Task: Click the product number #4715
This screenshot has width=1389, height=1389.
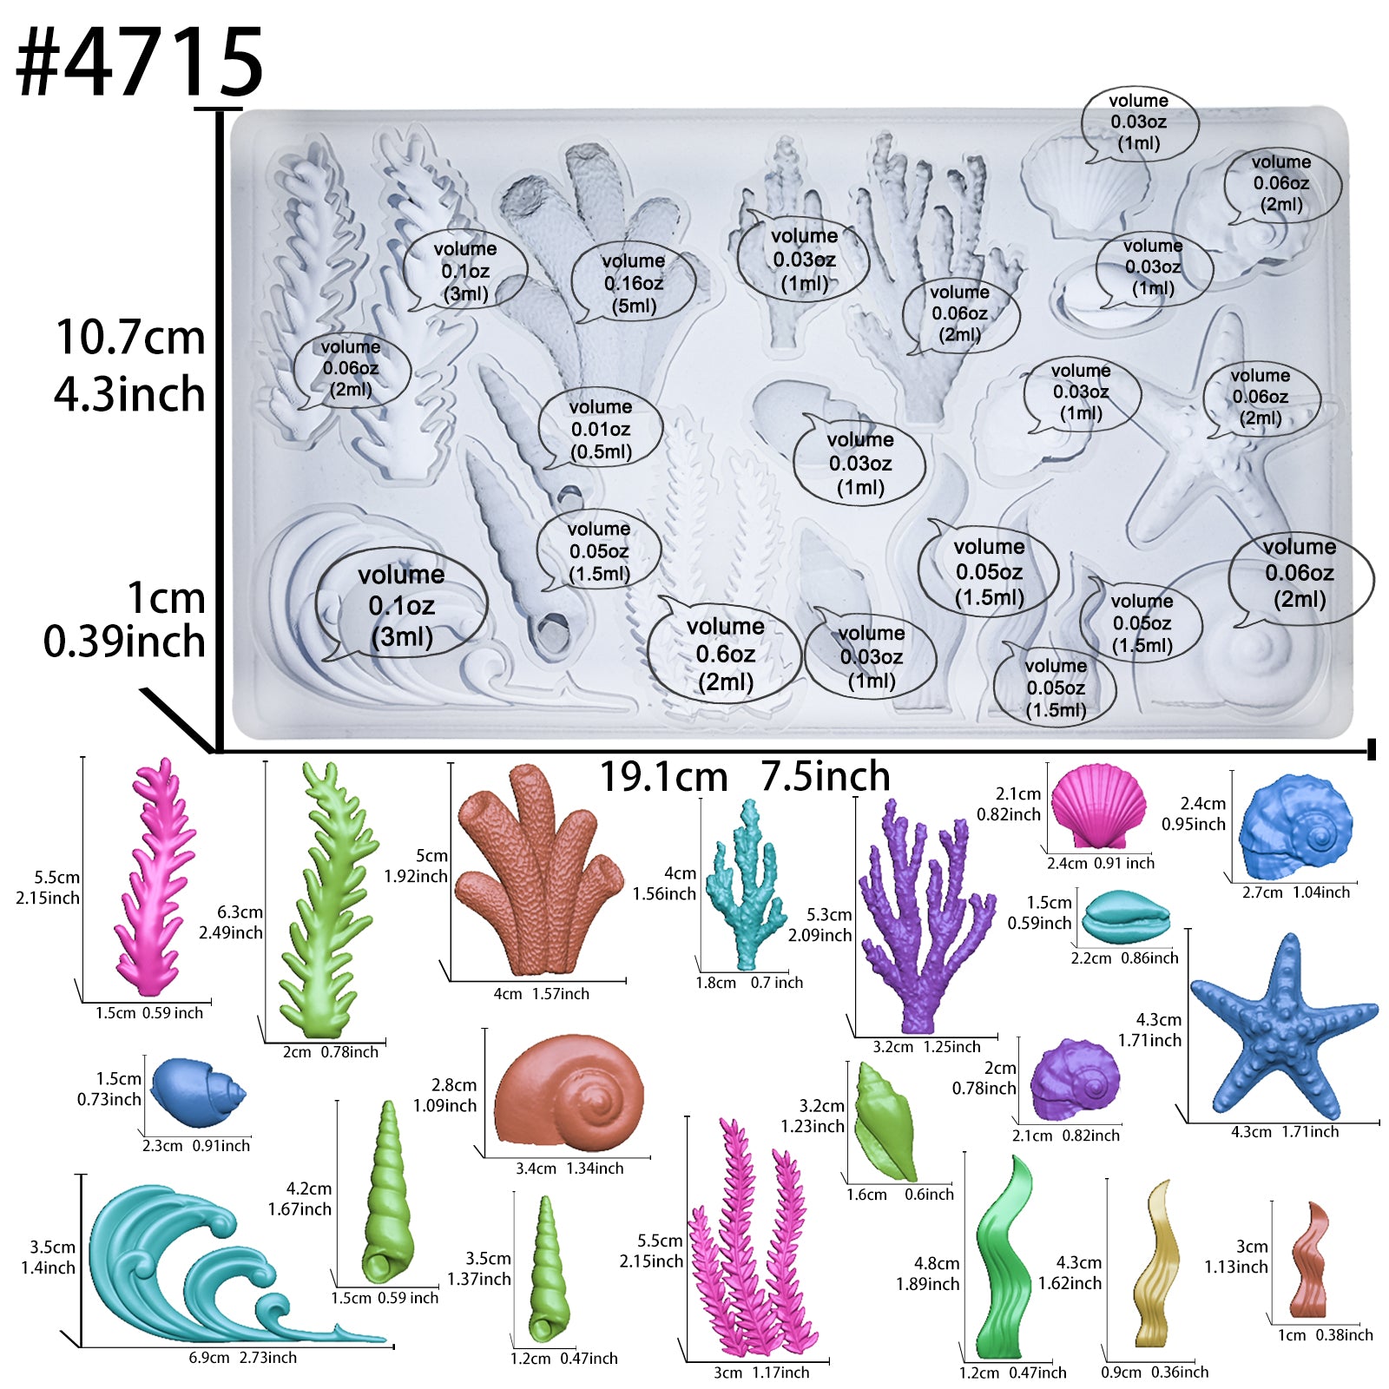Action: click(139, 63)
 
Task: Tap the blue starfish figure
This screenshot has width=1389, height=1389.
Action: click(1283, 1029)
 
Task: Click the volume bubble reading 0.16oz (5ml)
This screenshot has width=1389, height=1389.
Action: click(634, 283)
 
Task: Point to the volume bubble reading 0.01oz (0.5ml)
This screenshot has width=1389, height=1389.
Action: click(601, 429)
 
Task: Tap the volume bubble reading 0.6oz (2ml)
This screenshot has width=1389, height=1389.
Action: click(725, 653)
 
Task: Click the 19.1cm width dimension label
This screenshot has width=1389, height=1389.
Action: click(663, 777)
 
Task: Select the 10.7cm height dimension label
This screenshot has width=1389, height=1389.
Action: click(130, 337)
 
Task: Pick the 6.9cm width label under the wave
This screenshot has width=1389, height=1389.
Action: click(209, 1358)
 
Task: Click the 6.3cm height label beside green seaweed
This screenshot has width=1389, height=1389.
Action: click(240, 912)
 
